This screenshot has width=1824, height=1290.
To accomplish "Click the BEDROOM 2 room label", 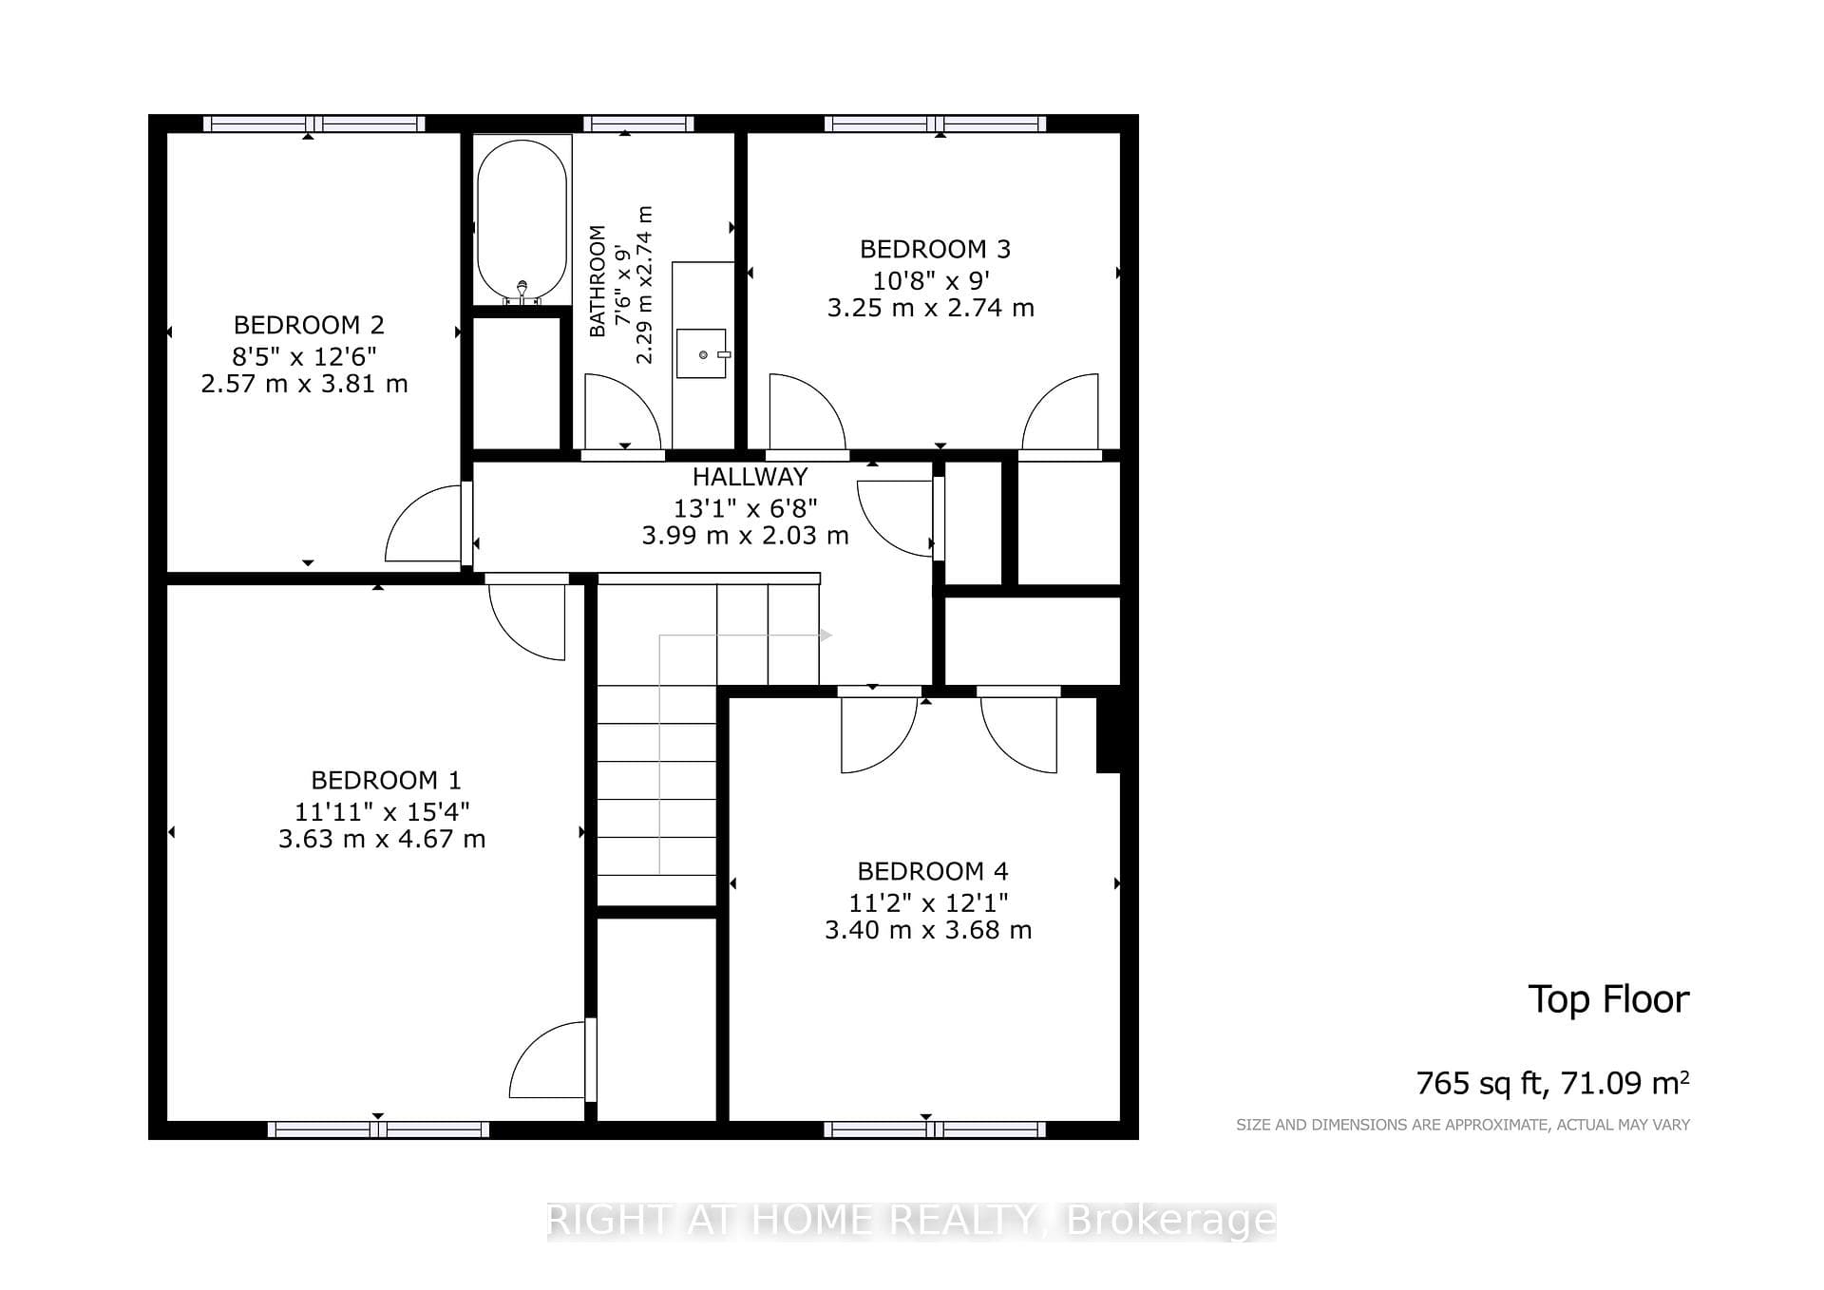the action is click(309, 325).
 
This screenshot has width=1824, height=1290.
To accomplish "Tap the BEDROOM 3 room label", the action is click(935, 249).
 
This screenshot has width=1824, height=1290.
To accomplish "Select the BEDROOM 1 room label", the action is click(386, 780).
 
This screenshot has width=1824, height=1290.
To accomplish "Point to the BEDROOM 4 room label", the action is click(933, 871).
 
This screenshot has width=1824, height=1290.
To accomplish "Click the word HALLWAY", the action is click(750, 477).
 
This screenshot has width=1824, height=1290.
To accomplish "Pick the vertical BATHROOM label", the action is click(598, 281).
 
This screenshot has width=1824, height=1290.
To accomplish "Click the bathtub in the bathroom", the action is click(522, 221).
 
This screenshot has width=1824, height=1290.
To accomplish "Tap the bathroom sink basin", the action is click(702, 353).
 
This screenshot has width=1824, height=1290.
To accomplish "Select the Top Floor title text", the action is click(1608, 999).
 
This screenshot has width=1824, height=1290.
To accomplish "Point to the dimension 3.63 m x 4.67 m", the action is click(382, 839).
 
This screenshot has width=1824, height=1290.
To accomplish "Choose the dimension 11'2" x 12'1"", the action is click(928, 901).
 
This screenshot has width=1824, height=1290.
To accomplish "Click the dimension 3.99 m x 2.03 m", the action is click(745, 536).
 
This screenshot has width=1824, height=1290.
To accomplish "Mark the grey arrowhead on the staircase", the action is click(826, 636).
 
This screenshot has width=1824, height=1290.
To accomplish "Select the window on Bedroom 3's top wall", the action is click(935, 123).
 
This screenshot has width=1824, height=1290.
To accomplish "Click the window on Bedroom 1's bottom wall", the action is click(378, 1129).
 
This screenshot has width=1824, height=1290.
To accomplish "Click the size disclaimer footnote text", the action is click(1463, 1125).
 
